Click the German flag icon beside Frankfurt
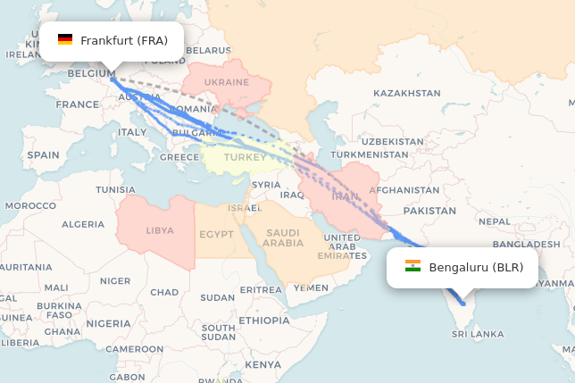tap(65, 40)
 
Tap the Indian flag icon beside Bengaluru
tap(412, 267)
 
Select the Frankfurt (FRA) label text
tap(124, 40)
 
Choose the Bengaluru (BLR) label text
tap(476, 267)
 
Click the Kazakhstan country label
tap(407, 93)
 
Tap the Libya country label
tap(160, 230)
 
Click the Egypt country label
tap(216, 235)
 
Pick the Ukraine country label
tap(226, 82)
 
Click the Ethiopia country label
tap(264, 320)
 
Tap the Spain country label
tap(43, 154)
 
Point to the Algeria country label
tap(83, 224)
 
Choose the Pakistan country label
tap(429, 211)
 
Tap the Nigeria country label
tap(108, 323)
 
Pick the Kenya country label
tap(263, 364)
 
